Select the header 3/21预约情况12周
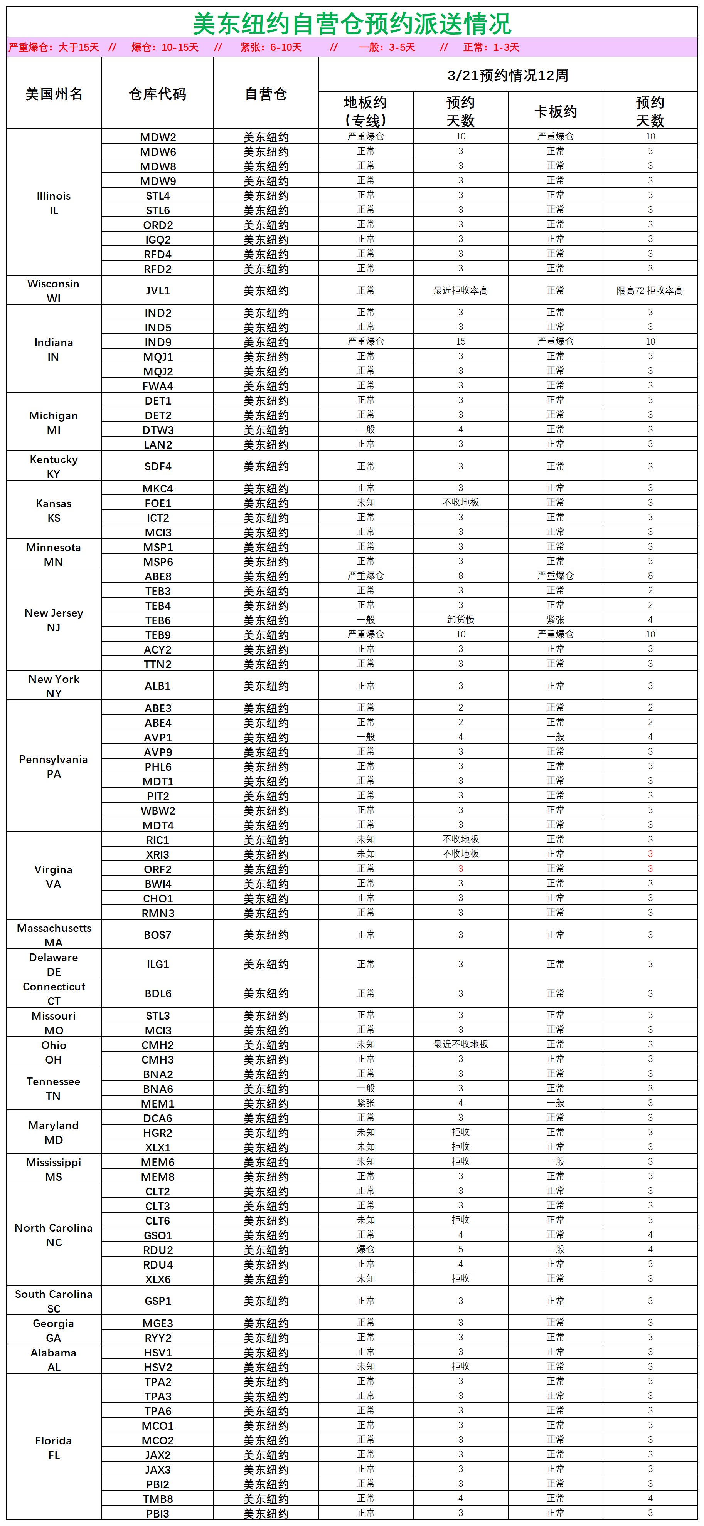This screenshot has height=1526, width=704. [507, 75]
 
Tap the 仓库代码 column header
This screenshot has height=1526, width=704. [158, 94]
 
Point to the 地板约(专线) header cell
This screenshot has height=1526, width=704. [365, 111]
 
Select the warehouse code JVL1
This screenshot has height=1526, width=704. [158, 290]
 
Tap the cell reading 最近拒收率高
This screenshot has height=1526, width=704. [460, 290]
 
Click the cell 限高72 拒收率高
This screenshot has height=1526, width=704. [650, 290]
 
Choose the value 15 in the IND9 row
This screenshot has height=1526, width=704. [460, 341]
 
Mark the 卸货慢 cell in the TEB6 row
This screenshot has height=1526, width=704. [460, 620]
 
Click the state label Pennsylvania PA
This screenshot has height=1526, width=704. [53, 766]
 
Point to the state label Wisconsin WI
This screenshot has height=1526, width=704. [53, 290]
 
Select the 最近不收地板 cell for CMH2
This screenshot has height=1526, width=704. [460, 1044]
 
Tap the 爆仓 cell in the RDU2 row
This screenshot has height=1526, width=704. [365, 1249]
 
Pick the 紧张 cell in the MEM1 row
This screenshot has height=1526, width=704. [365, 1102]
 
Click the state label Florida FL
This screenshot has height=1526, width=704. [53, 1447]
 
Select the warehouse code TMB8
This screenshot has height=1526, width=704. [158, 1498]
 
